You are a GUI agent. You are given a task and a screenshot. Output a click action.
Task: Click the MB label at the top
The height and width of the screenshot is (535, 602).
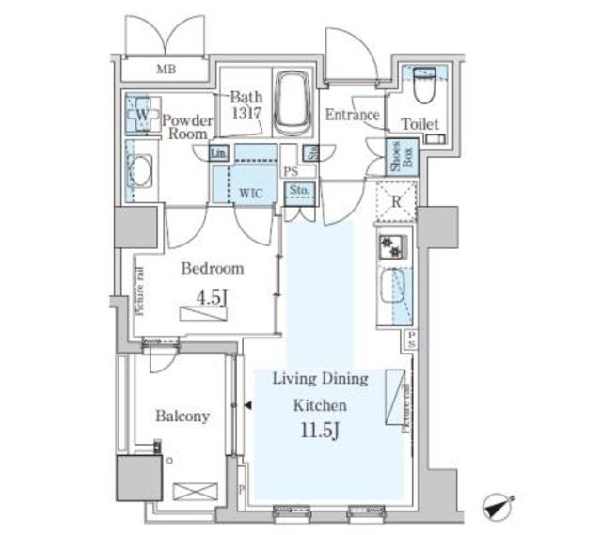coord(166,70)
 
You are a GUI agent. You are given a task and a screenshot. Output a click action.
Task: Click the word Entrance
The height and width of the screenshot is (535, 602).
coord(352,116)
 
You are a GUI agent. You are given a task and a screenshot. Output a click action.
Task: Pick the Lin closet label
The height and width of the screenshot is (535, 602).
coord(218,153)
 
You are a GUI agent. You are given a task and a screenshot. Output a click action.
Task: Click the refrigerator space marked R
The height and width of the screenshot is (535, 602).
coord(396,197)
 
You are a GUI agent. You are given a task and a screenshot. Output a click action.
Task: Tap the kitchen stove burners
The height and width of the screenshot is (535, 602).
coord(390,247)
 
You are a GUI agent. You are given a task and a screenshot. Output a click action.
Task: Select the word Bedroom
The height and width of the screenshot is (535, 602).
coord(212,268)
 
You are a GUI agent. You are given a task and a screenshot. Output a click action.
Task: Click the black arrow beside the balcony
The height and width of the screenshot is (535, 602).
coord(247,405)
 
